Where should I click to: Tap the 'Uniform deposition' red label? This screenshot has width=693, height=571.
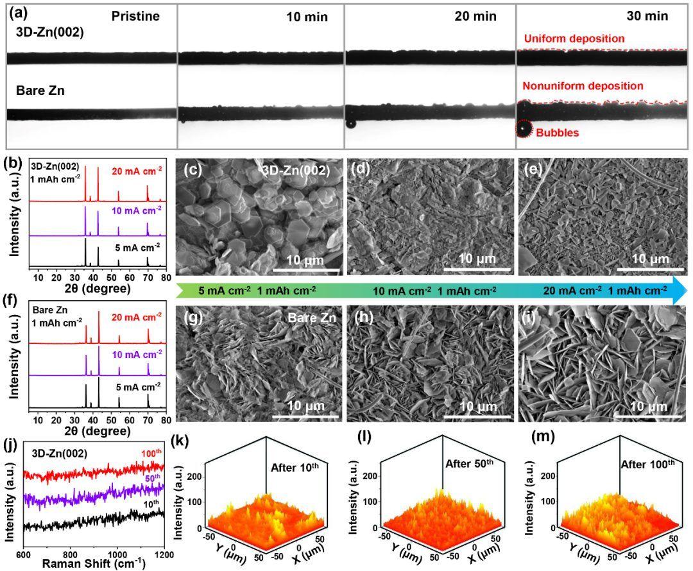click(574, 39)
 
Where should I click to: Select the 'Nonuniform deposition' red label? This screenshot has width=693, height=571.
click(583, 86)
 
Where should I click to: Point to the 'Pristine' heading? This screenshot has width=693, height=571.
click(135, 17)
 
